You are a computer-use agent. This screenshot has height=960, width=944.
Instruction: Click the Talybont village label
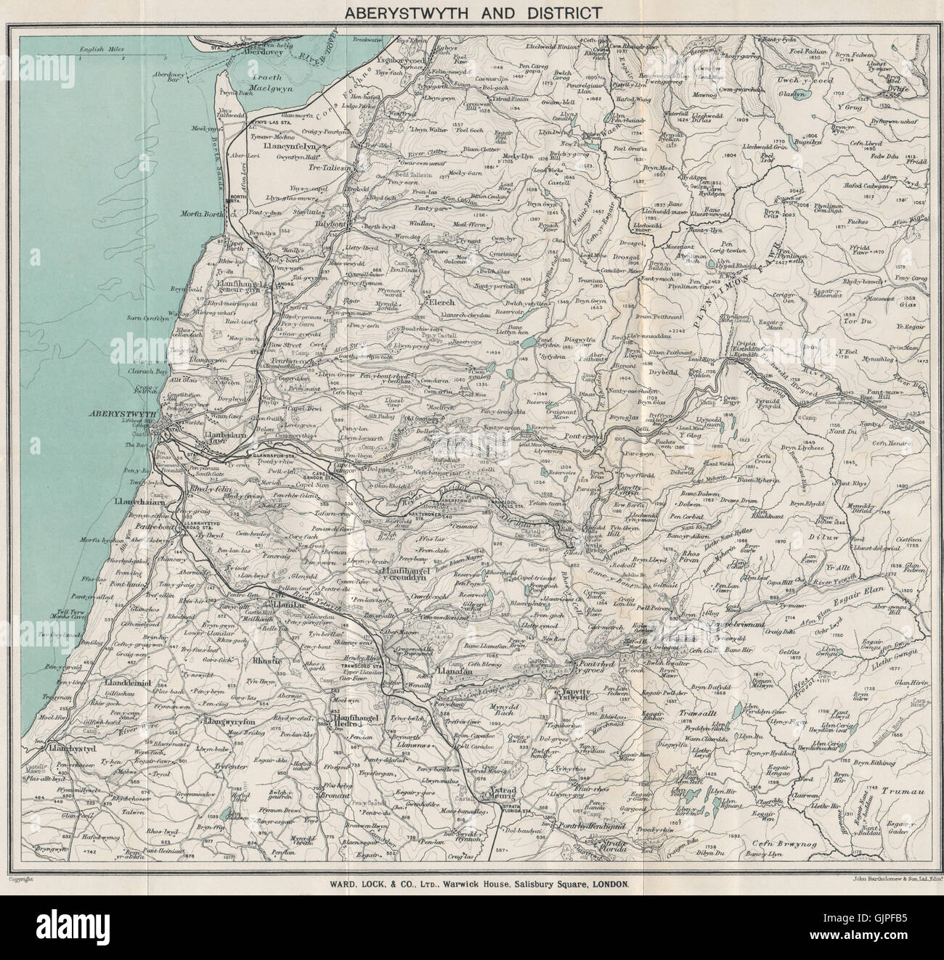click(x=330, y=225)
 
